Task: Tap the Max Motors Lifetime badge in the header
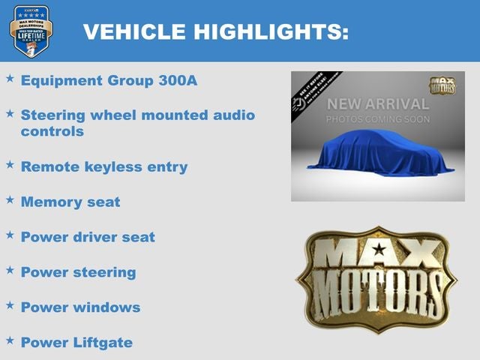pos(31,31)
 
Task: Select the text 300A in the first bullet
pos(178,80)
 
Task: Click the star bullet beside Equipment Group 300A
pos(10,79)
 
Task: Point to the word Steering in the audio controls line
pos(53,115)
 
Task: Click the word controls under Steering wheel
pos(52,131)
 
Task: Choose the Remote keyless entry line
pos(104,166)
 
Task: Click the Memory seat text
pos(70,202)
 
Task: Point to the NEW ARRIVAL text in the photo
pos(378,104)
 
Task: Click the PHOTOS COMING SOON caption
pos(378,119)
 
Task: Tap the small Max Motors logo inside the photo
pos(442,85)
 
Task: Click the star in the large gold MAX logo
pos(380,250)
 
